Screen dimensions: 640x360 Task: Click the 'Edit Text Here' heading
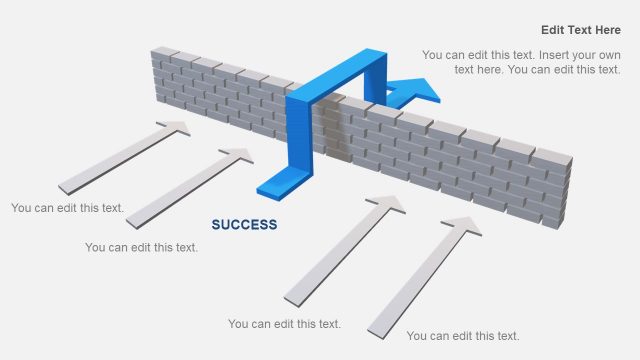tap(580, 30)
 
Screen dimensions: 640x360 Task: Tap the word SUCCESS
tap(244, 225)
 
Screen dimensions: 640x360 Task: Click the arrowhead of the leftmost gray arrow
tap(175, 128)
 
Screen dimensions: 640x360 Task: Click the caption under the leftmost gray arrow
tap(68, 208)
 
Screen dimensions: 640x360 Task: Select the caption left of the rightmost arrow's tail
tap(284, 323)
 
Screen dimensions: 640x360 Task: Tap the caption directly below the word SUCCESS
tap(141, 247)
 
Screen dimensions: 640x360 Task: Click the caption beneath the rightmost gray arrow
tap(463, 335)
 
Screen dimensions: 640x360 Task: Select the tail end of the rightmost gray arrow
tap(378, 328)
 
